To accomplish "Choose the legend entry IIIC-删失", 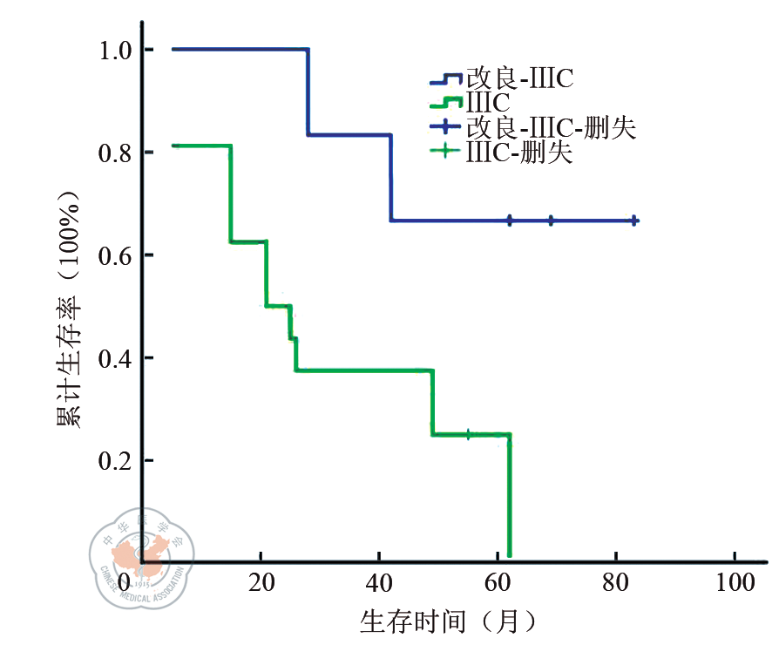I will click(519, 153).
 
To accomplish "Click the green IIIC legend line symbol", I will click(446, 105).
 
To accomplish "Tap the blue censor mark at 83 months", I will click(633, 221).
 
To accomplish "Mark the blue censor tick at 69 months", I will click(551, 221).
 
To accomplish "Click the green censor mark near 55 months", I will click(468, 434).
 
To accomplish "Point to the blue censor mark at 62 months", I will click(510, 221).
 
